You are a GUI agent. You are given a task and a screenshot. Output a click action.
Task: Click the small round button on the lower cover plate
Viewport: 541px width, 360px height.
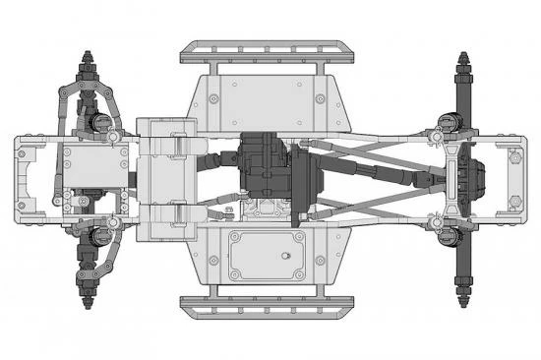click(x=284, y=256)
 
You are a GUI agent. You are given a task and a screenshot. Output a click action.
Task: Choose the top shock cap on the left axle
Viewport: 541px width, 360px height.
click(x=101, y=121)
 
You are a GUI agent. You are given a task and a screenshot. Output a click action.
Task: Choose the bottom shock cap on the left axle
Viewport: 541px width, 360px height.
click(x=101, y=236)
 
